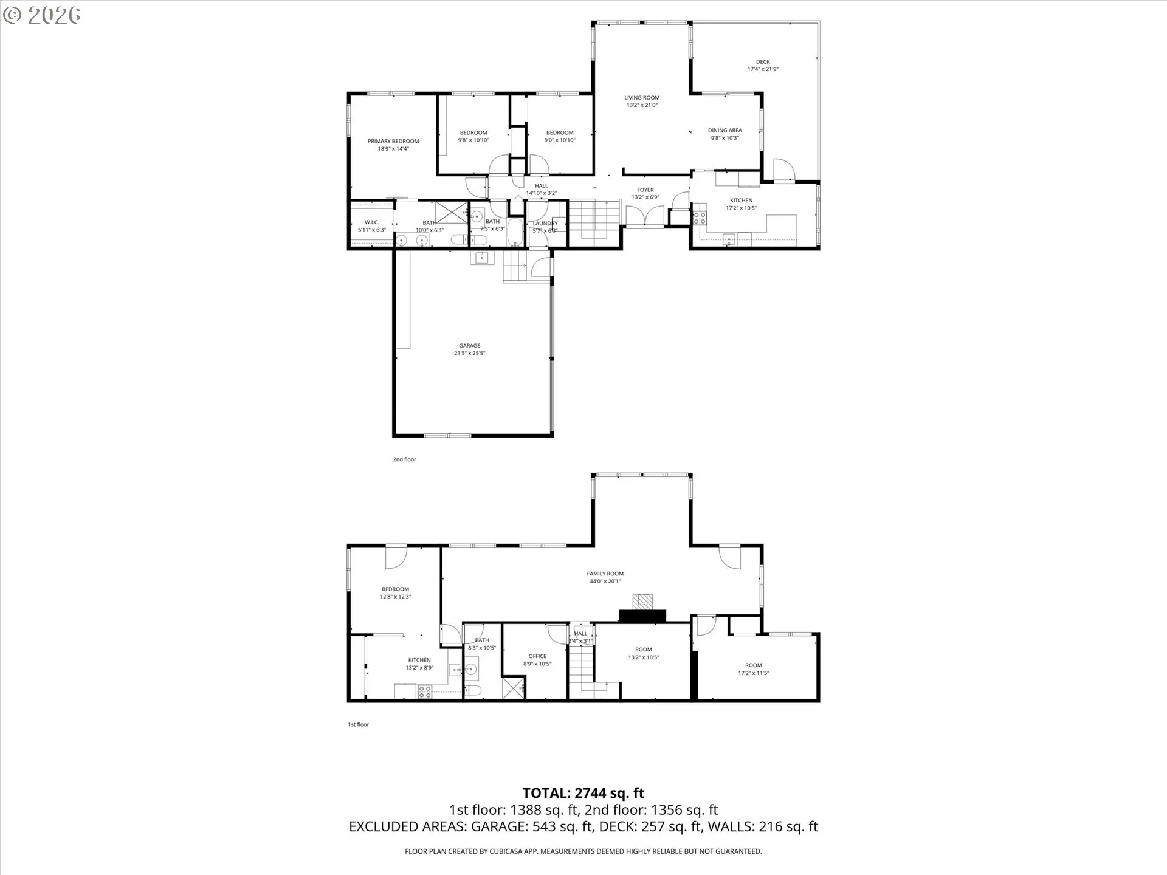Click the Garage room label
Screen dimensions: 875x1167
coord(469,345)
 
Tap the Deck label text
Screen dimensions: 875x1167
coord(763,61)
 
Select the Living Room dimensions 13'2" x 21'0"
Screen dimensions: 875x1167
coord(642,105)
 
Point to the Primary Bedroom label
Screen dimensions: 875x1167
coord(393,141)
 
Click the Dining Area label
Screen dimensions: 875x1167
coord(725,130)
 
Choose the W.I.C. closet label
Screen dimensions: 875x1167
coord(371,222)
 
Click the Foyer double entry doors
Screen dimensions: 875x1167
coord(645,215)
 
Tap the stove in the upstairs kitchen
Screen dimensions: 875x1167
coord(700,218)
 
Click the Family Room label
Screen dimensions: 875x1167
coord(605,574)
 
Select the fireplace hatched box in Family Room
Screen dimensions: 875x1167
coord(642,602)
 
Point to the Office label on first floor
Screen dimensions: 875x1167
coord(537,656)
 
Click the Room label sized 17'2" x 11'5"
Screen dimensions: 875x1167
coord(753,665)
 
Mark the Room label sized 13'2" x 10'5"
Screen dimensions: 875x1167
coord(643,650)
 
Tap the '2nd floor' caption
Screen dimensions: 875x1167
coord(404,459)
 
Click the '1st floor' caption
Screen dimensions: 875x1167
coord(358,724)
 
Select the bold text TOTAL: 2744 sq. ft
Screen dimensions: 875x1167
coord(583,793)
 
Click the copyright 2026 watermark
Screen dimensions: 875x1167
coord(41,15)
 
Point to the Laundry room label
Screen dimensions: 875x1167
coord(545,224)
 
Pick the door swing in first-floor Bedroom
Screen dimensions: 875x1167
coord(395,557)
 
